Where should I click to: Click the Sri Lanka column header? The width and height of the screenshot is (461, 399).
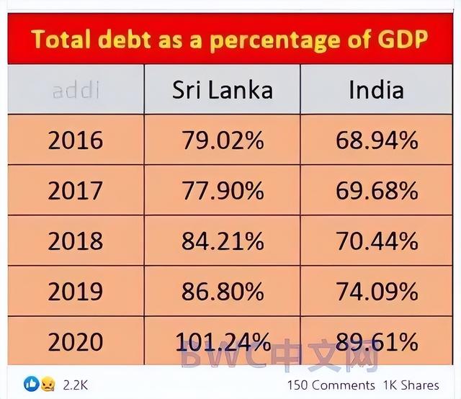pos(222,89)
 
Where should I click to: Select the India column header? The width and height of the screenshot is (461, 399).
pos(376,89)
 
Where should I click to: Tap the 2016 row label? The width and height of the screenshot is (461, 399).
pos(75,140)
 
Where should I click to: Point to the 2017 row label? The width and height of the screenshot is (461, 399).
pos(75,190)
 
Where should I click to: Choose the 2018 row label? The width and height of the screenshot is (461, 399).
pos(75,241)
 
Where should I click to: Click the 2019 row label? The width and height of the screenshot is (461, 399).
pos(75,291)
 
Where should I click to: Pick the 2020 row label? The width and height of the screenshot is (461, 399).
pos(75,341)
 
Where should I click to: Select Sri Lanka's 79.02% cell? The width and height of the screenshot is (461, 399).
pos(222,140)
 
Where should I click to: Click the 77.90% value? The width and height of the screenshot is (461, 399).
pos(222,190)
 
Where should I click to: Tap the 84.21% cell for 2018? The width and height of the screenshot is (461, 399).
pos(222,241)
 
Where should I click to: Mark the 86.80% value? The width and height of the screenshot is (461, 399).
pos(222,291)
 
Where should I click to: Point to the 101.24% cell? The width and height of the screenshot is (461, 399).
pos(222,341)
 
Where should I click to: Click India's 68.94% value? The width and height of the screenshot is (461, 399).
pos(376,140)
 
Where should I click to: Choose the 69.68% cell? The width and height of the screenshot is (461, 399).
pos(376,190)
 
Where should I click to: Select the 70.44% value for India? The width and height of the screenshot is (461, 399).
pos(376,241)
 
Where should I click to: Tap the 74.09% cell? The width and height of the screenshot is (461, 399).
pos(376,291)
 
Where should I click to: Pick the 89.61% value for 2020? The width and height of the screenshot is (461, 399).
pos(376,341)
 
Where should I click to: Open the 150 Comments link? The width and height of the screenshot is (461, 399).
pos(331,385)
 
